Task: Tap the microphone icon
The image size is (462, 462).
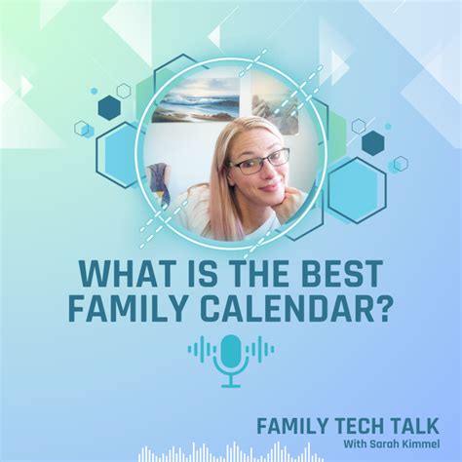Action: point(231,359)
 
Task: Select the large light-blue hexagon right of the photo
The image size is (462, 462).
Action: point(357,189)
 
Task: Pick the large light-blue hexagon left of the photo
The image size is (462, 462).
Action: point(120,154)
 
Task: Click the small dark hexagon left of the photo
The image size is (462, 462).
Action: point(108,107)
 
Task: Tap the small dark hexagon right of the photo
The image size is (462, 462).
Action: point(372,142)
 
